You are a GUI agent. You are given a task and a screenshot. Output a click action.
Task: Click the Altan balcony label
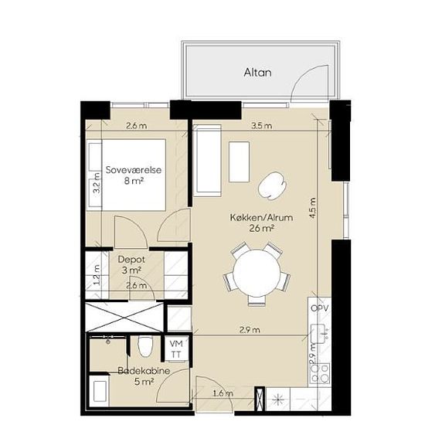(257, 73)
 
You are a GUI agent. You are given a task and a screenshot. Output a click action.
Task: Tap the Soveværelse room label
(134, 170)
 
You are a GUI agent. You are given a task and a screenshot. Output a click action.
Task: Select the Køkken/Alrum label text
(261, 217)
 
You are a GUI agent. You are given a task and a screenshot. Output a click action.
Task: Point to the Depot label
(131, 260)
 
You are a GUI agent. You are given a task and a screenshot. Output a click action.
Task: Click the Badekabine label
(144, 370)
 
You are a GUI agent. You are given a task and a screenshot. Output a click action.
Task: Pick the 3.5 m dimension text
(261, 126)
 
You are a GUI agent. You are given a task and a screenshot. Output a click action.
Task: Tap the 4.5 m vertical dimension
(313, 208)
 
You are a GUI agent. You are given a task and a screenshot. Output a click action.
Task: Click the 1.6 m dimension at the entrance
(223, 393)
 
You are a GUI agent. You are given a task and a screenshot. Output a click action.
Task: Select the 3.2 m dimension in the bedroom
(97, 183)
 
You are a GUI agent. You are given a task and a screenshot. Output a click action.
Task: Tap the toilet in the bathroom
(145, 346)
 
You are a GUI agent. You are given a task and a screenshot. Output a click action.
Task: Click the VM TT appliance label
(176, 349)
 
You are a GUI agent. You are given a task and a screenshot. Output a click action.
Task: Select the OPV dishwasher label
(320, 308)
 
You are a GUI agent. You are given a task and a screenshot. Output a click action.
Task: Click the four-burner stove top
(320, 372)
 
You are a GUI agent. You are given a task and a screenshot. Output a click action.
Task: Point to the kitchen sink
(320, 334)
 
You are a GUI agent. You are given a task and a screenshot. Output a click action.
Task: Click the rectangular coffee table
(239, 161)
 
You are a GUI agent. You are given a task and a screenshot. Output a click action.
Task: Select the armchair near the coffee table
(272, 186)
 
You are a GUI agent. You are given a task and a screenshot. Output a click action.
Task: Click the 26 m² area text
(261, 229)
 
